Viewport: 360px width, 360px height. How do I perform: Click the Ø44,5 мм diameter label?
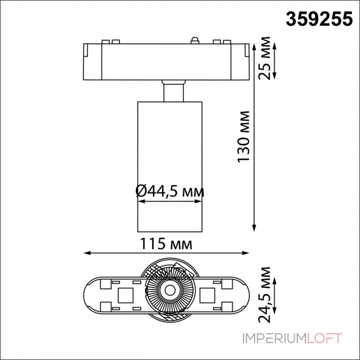click(170, 192)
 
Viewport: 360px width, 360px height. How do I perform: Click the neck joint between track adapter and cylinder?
click(173, 91)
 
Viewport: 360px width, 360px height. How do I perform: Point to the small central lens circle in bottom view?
click(169, 290)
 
